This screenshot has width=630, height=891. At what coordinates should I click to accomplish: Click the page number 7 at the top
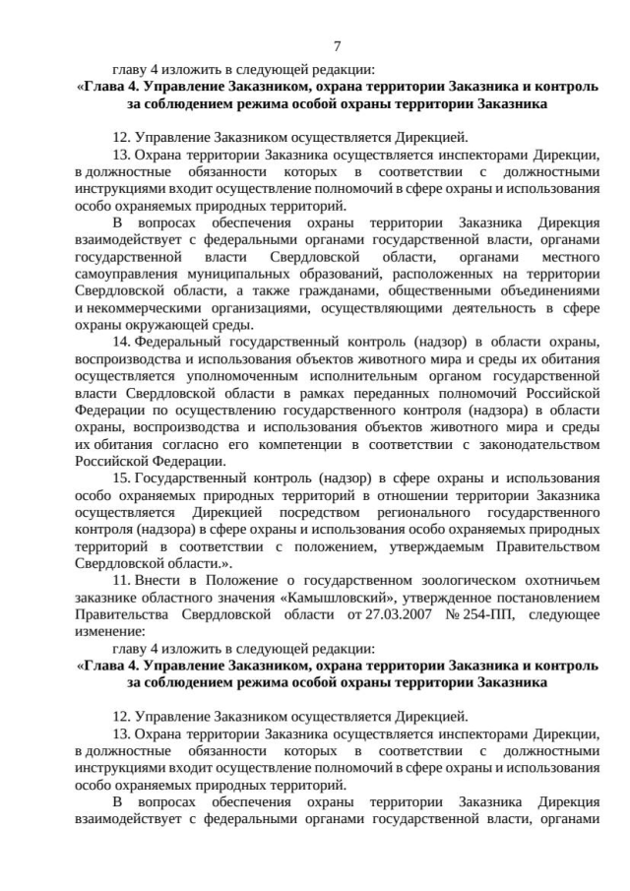pos(338,46)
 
